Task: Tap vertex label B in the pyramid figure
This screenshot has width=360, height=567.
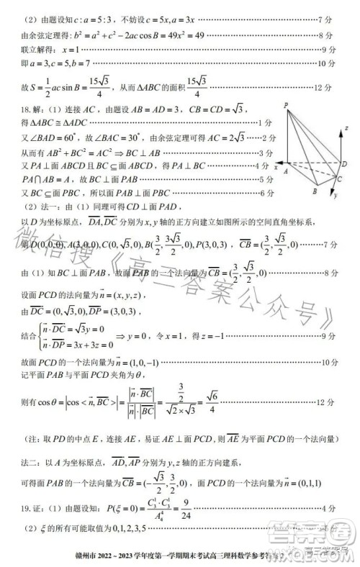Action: pyautogui.click(x=315, y=192)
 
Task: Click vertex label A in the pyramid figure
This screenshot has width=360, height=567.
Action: pyautogui.click(x=285, y=172)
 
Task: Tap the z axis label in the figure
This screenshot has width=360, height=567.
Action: pyautogui.click(x=346, y=127)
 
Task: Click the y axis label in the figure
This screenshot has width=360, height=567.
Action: pyautogui.click(x=336, y=194)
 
